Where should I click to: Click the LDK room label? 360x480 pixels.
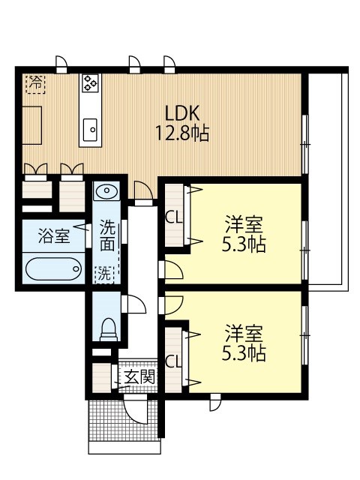pos(181,114)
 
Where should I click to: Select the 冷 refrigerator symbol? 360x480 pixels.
pos(35,82)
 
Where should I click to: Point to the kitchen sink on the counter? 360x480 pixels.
pos(91,129)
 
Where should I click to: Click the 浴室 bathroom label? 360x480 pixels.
pos(55,236)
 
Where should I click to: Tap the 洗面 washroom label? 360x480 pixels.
pos(108,234)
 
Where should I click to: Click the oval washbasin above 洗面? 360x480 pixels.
pos(107,191)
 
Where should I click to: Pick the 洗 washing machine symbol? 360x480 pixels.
pos(103,274)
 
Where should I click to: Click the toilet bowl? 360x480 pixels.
pos(109,327)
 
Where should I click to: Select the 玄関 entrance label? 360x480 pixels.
pos(139,376)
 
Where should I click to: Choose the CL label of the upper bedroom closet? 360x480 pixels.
pos(173,217)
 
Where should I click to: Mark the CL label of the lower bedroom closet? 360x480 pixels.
pos(173,360)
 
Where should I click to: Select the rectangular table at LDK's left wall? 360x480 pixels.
pos(31,124)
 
